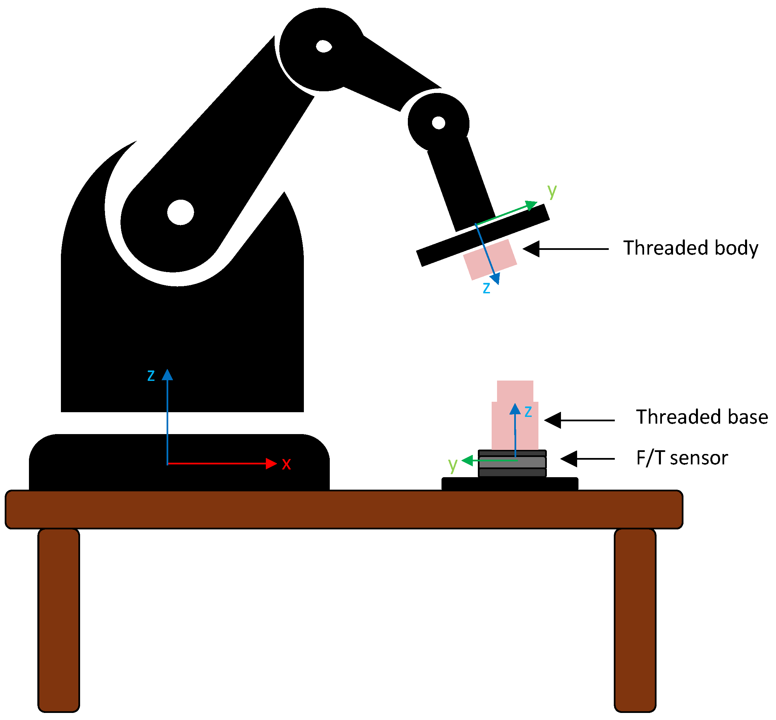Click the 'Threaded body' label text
point(690,248)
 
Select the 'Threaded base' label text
point(702,417)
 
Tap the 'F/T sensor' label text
point(682,458)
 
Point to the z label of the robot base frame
point(151,375)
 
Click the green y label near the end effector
point(552,191)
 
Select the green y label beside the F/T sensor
point(452,464)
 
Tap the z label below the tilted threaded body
point(486,288)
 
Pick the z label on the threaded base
point(528,412)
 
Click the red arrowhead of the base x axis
point(271,464)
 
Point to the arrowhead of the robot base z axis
point(168,375)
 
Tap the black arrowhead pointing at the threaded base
point(553,420)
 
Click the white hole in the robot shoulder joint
point(181,212)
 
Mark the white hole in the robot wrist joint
point(438,123)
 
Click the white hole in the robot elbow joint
point(324,46)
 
